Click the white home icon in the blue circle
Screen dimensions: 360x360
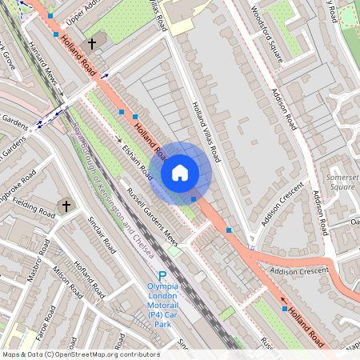[180, 172]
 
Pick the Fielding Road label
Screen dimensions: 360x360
[32, 210]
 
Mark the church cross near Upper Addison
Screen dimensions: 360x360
[92, 42]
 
